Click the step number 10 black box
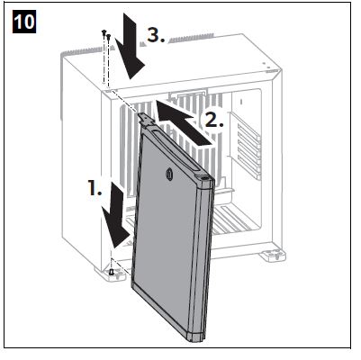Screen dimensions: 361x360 point(24,22)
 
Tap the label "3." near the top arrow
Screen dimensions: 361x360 point(156,35)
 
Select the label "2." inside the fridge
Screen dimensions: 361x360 point(214,120)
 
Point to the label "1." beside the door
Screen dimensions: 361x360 point(95,188)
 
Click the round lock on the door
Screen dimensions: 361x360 point(168,173)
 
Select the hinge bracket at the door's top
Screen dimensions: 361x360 point(146,119)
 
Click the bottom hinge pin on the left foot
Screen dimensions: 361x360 point(112,272)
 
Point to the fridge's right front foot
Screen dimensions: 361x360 point(273,256)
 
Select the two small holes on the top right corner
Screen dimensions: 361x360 point(266,66)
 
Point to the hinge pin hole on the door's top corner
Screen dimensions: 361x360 point(204,178)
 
